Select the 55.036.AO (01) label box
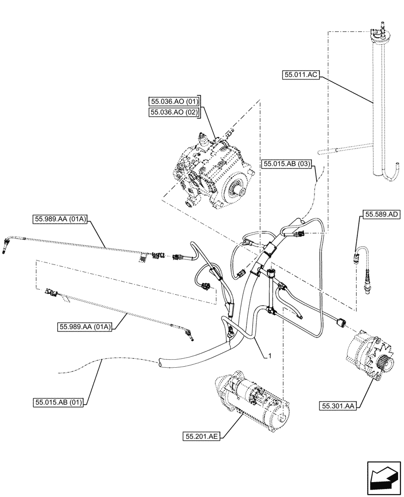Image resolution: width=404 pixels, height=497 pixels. (x=174, y=103)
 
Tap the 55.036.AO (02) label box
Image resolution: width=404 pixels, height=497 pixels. (x=174, y=113)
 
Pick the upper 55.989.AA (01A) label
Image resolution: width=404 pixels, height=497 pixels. (x=60, y=219)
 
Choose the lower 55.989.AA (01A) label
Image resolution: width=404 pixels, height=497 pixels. (x=85, y=327)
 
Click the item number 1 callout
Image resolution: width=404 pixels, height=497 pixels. (x=269, y=356)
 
